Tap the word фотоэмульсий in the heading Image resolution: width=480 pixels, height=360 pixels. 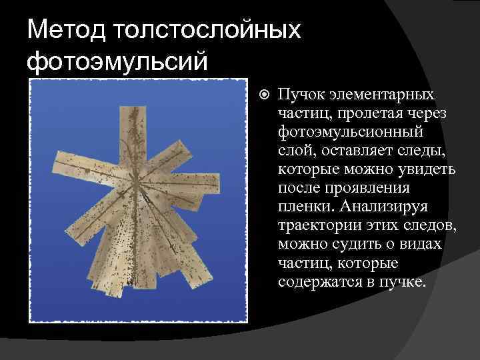(118, 61)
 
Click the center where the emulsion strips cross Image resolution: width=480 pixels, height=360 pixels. (139, 179)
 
